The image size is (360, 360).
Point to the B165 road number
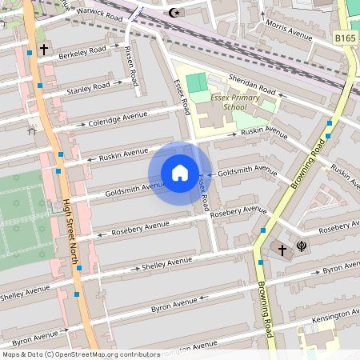tap(346, 38)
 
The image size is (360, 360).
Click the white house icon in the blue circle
tap(180, 172)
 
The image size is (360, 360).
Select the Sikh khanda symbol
tap(302, 247)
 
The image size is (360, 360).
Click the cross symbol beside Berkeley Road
tap(43, 50)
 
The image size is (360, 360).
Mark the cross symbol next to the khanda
tap(282, 250)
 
